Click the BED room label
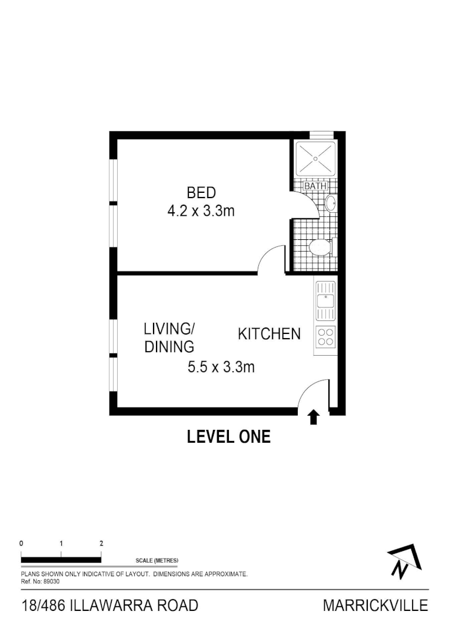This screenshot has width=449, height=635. (x=201, y=192)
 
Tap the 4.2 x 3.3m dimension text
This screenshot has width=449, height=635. (x=201, y=211)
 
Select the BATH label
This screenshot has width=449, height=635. (x=315, y=186)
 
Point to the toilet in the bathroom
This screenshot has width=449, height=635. (x=320, y=248)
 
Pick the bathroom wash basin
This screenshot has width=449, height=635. (x=330, y=203)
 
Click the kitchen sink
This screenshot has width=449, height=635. (x=324, y=300)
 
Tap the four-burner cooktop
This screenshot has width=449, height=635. (x=325, y=336)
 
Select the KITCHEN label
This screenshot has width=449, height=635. (x=269, y=334)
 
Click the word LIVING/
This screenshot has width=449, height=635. (x=169, y=328)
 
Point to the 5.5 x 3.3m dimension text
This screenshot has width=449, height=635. (x=221, y=367)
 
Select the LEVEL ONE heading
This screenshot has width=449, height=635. (x=228, y=437)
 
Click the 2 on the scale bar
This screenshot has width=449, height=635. (x=101, y=543)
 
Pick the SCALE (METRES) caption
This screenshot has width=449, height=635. (x=157, y=560)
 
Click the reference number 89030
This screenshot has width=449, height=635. (x=51, y=580)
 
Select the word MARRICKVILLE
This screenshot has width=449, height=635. (x=375, y=606)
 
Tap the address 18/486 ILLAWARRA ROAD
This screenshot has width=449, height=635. (x=109, y=606)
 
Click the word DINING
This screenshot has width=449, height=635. (x=169, y=347)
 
